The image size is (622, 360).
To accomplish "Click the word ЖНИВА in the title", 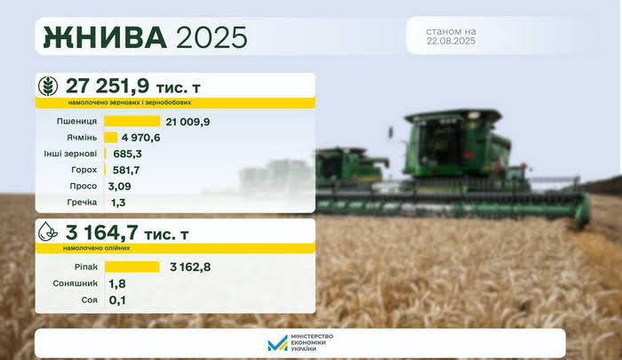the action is tap(105, 37).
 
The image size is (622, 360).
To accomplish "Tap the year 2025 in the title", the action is tap(211, 37).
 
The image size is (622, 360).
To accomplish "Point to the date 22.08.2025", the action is tap(451, 41).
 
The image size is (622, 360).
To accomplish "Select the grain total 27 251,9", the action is tap(108, 85).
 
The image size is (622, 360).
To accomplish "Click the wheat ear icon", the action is tap(48, 85).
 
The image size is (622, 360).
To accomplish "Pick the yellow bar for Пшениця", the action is tap(132, 121).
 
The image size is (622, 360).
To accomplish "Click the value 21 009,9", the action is tap(188, 122).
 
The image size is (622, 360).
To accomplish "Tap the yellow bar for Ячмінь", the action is tap(111, 137).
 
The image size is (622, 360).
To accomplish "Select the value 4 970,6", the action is tap(140, 138).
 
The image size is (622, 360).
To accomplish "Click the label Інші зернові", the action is tap(70, 154).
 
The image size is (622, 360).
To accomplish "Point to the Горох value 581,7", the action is tap(126, 171).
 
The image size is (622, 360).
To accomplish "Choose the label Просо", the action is tap(84, 186).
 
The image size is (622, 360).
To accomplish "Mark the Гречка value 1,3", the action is tap(118, 203).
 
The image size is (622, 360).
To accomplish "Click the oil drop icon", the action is tap(48, 231).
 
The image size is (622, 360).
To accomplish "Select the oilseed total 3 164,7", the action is tap(102, 232).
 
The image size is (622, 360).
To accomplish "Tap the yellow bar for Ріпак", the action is tap(132, 267).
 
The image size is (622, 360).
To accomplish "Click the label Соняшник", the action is tap(75, 284).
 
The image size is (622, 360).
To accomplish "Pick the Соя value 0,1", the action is tap(117, 300).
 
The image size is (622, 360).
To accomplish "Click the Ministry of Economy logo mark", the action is tap(277, 343).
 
